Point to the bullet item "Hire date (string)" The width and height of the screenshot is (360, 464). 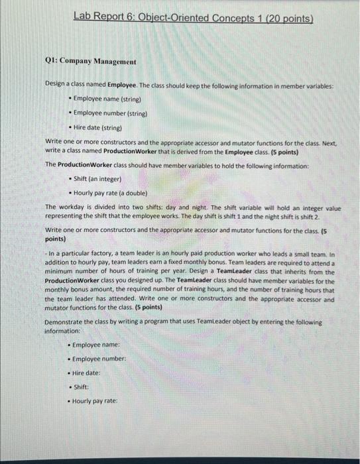click(x=100, y=128)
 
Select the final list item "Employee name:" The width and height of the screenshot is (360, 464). click(x=96, y=345)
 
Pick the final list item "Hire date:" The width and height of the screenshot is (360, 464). click(x=86, y=373)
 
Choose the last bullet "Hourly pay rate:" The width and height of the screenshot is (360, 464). click(x=95, y=401)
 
